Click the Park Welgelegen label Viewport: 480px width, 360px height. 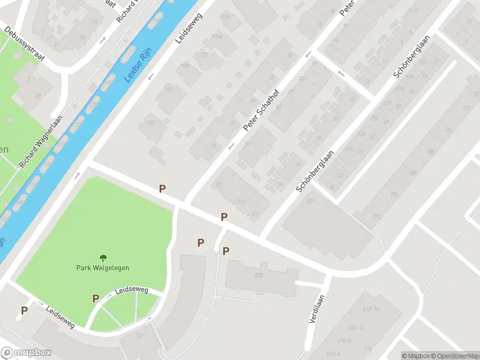pos(103,268)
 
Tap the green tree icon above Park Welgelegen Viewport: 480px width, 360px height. pos(103,258)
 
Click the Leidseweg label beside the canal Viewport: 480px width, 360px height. pos(189,29)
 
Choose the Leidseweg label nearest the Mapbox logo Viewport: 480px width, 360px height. pos(60,317)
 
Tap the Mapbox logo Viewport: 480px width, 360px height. pos(26,353)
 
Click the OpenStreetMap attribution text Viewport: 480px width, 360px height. pos(454,356)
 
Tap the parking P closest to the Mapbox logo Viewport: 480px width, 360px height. pos(25,311)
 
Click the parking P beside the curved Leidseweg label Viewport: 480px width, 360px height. pos(95,298)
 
